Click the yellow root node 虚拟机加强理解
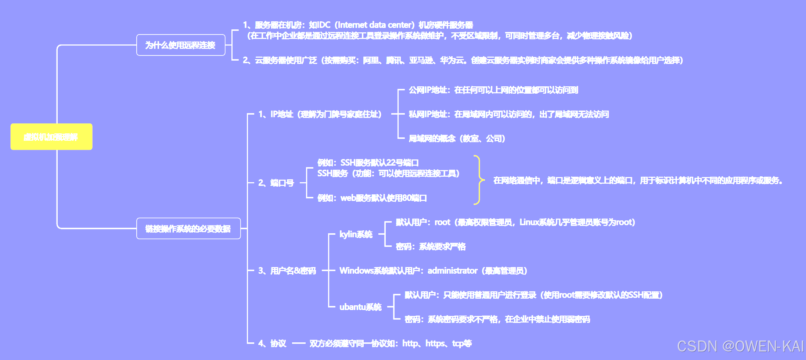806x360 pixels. tap(51, 137)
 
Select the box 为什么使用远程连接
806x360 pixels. tap(181, 45)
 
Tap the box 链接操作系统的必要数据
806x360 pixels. tap(188, 228)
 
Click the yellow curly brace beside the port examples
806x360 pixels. tap(478, 180)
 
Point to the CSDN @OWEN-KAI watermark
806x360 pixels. tap(740, 346)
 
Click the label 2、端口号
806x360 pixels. tap(276, 183)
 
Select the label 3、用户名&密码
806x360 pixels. tap(287, 271)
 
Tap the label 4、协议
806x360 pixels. tap(272, 343)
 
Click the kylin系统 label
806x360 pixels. tap(356, 234)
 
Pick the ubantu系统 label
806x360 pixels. tap(360, 307)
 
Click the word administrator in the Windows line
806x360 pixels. tap(452, 271)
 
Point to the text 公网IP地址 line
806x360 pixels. tap(493, 90)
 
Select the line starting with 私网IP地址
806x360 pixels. tap(509, 114)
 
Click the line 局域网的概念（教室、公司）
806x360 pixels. tap(457, 138)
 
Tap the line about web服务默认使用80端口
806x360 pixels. tap(372, 198)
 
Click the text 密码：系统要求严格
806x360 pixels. tap(431, 246)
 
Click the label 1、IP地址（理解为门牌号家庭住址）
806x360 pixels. tap(320, 114)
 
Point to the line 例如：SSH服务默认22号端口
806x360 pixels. tap(368, 163)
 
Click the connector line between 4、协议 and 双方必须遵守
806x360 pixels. tap(298, 343)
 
